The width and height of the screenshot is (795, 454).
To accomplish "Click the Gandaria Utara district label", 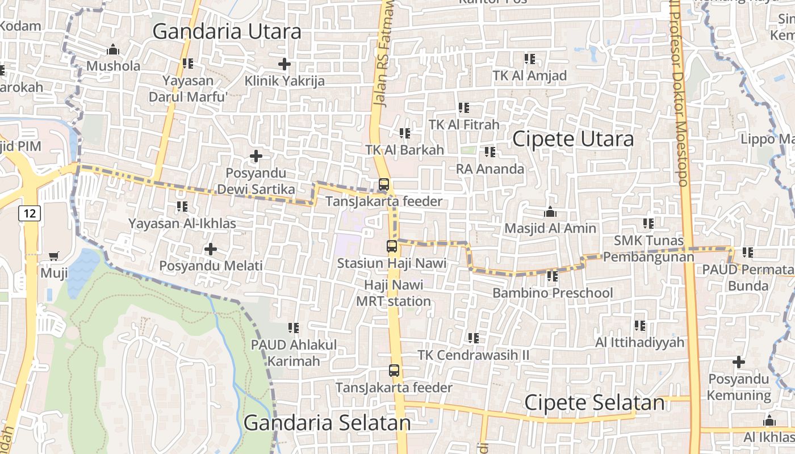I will pyautogui.click(x=227, y=32).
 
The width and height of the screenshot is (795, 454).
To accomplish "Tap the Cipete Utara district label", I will pyautogui.click(x=573, y=139).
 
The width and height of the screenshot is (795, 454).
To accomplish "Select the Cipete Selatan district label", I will pyautogui.click(x=594, y=403).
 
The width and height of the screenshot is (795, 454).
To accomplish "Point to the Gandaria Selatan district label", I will pyautogui.click(x=327, y=423).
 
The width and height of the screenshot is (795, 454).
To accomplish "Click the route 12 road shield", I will pyautogui.click(x=30, y=213).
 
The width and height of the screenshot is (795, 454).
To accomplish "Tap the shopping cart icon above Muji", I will pyautogui.click(x=53, y=257).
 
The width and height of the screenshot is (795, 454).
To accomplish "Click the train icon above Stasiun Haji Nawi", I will pyautogui.click(x=392, y=246).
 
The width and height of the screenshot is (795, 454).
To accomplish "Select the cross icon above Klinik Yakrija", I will pyautogui.click(x=284, y=64).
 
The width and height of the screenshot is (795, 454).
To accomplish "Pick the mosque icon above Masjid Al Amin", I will pyautogui.click(x=550, y=212).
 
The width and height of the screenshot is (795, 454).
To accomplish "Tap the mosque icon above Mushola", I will pyautogui.click(x=113, y=49).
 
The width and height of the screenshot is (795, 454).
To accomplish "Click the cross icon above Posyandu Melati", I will pyautogui.click(x=211, y=249).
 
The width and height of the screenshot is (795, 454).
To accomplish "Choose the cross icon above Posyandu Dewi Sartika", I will pyautogui.click(x=256, y=155).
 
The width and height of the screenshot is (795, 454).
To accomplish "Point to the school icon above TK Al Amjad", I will pyautogui.click(x=530, y=58).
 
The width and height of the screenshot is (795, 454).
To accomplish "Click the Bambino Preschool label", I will pyautogui.click(x=553, y=293).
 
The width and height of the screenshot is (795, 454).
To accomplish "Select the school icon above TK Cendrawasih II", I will pyautogui.click(x=473, y=338).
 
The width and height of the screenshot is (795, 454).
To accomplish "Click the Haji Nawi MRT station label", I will pyautogui.click(x=394, y=293).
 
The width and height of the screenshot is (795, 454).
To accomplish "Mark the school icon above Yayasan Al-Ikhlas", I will pyautogui.click(x=182, y=207).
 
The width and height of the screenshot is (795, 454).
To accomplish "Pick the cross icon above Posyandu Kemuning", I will pyautogui.click(x=738, y=361).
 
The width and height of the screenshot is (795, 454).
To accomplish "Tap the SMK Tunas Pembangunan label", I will pyautogui.click(x=648, y=249).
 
